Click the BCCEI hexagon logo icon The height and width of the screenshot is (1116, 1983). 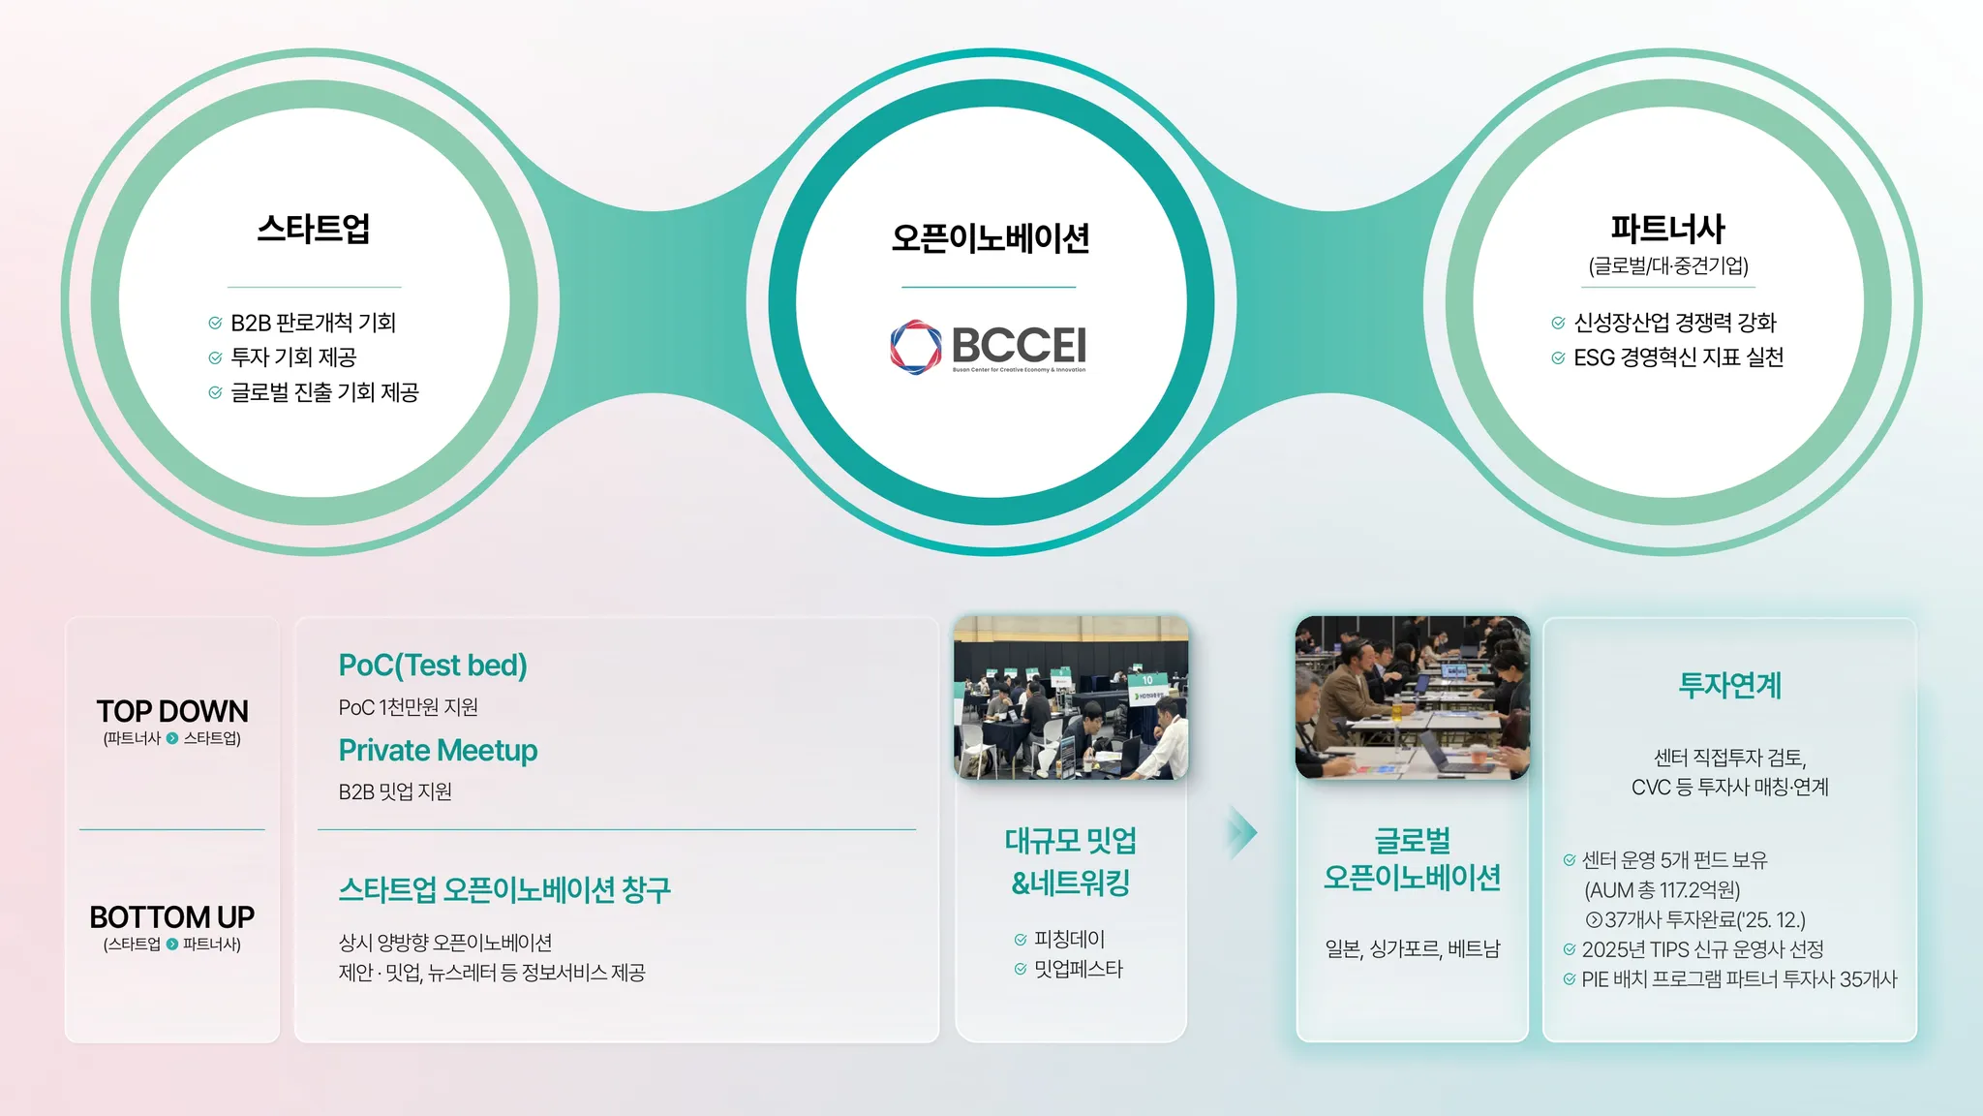(915, 347)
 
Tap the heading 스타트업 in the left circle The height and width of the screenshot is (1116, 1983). (314, 229)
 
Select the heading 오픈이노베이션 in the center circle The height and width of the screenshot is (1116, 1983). (991, 237)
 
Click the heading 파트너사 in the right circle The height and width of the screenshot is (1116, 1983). (1668, 229)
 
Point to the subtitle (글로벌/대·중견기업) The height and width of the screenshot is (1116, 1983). (1668, 265)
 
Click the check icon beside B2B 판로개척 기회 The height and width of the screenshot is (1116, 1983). (215, 323)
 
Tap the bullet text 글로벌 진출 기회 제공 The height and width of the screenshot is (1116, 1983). (324, 392)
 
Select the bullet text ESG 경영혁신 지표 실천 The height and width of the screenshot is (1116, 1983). (1678, 357)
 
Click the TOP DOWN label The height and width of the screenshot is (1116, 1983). (172, 711)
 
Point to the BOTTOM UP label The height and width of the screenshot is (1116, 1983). (172, 916)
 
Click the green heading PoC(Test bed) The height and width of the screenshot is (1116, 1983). (433, 666)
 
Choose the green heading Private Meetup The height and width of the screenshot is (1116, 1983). (438, 751)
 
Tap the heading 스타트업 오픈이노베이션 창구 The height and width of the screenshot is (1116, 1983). (504, 889)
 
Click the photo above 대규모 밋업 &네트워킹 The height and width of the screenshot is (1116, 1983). (1071, 697)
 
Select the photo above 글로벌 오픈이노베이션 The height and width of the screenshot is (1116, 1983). (1413, 697)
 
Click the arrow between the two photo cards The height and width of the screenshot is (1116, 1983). (1242, 832)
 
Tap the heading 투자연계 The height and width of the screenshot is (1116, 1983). (1729, 685)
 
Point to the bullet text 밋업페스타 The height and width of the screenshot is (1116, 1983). (1079, 969)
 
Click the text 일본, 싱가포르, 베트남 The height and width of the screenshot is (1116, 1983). (1413, 949)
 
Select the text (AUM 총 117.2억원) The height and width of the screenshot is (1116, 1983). (1662, 890)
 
